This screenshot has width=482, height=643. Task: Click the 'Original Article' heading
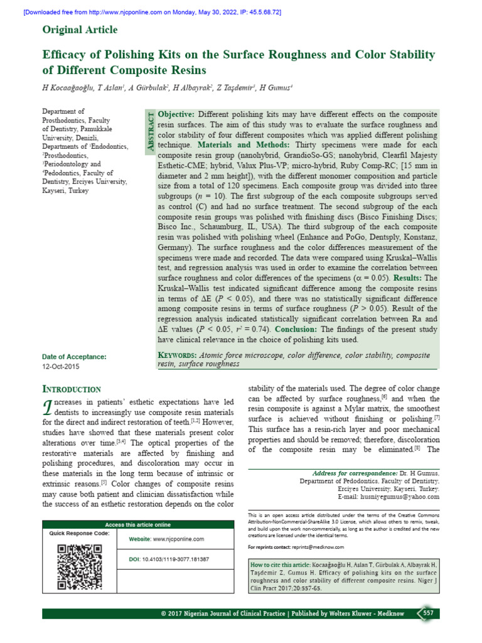coord(80,30)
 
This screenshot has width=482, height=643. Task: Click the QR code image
coord(79,566)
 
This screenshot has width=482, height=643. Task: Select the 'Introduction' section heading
coord(71,389)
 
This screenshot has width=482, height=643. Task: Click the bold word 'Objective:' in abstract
coord(176,114)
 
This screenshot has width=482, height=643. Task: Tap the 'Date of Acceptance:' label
coord(74,356)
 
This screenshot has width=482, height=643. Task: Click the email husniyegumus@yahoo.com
coord(398,496)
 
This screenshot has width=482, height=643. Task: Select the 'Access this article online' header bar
coord(137,524)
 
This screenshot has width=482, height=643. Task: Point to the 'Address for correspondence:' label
coord(355,472)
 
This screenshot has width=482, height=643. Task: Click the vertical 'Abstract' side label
coord(150,129)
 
